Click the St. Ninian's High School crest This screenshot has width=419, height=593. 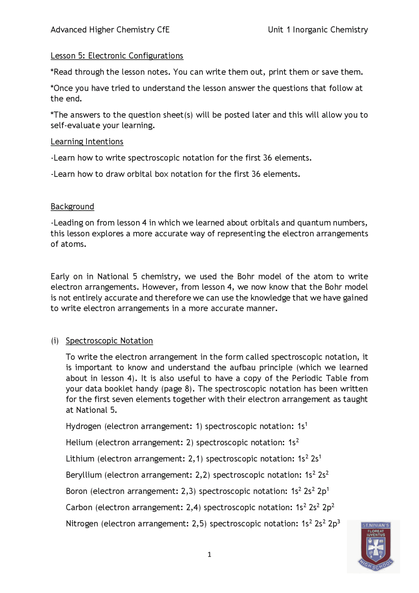[x=375, y=546]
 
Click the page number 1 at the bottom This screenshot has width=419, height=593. [x=209, y=555]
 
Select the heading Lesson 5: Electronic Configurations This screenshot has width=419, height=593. [x=117, y=56]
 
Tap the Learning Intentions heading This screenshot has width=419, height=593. [x=87, y=141]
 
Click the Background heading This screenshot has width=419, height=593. [x=72, y=207]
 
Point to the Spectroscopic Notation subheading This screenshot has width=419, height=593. [x=109, y=341]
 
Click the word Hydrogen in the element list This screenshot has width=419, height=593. [x=83, y=426]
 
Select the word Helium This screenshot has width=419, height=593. [x=79, y=443]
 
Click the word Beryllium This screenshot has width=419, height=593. [x=84, y=475]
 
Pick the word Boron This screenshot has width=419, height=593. [x=77, y=491]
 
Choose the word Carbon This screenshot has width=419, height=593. [x=79, y=508]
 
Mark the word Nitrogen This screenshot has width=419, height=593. [x=82, y=524]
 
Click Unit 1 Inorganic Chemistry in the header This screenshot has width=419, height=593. [x=318, y=30]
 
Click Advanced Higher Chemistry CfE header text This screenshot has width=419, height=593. [x=110, y=30]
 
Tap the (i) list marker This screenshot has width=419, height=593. [x=55, y=341]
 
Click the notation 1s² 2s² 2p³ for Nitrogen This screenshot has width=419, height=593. [x=320, y=524]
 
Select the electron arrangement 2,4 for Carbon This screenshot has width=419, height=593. [x=193, y=508]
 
